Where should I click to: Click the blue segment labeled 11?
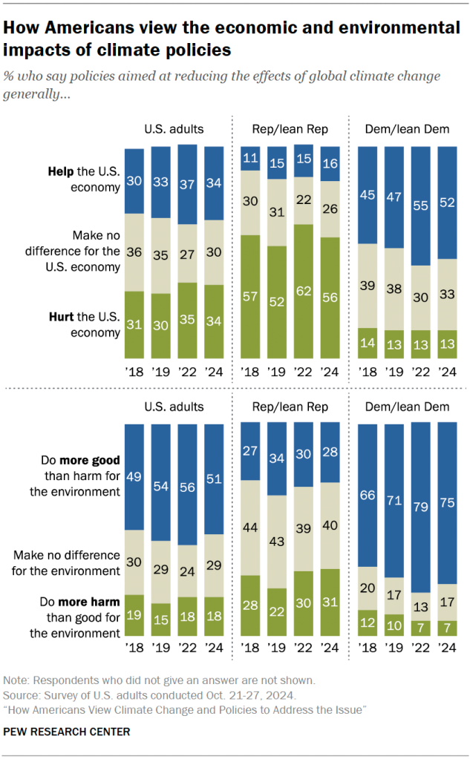point(251,159)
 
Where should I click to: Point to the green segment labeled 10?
point(394,625)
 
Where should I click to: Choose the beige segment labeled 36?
point(134,252)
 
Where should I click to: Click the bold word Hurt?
point(60,318)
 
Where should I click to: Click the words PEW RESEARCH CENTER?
point(67,732)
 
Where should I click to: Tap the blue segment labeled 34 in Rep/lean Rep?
point(278,459)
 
